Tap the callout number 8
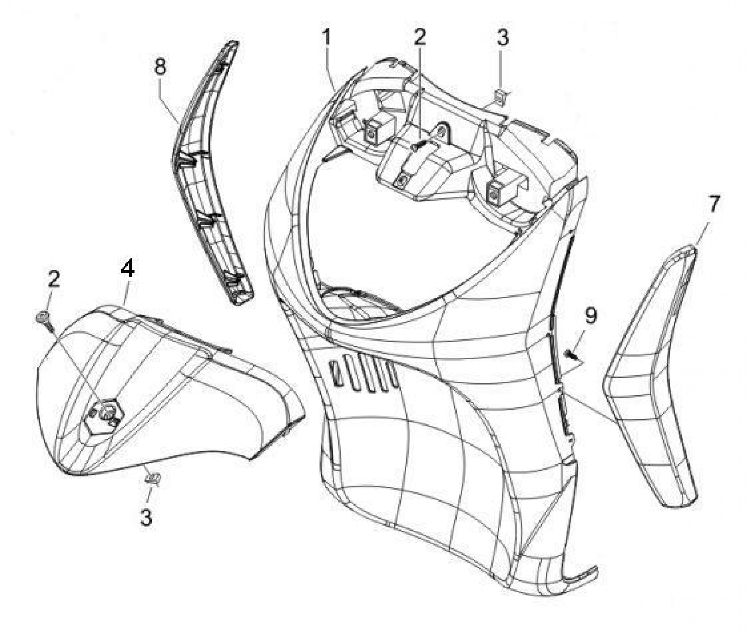(x=160, y=67)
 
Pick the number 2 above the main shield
(x=420, y=37)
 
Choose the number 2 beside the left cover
(x=53, y=278)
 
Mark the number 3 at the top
(x=503, y=37)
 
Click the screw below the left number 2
(x=45, y=321)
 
